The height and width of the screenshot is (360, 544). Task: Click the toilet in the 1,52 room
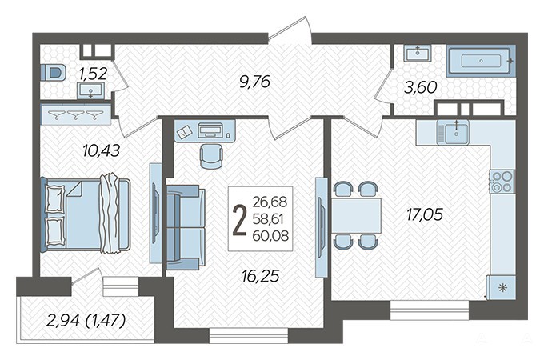point(53,73)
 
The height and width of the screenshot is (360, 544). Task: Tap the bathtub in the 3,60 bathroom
point(482,61)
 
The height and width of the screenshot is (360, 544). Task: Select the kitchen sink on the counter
point(454,132)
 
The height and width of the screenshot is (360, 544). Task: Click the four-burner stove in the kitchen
point(502,182)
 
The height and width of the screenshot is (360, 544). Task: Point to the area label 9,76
point(255,82)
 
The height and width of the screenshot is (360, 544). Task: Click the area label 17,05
point(425,214)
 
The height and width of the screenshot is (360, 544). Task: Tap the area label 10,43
point(102,150)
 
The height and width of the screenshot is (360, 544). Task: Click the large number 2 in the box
point(239,219)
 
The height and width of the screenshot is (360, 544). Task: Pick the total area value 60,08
point(270,236)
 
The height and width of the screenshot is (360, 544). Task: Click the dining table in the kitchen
point(357,215)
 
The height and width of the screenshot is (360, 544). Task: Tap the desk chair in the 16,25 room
point(211,156)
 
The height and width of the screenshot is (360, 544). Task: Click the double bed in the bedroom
point(86,214)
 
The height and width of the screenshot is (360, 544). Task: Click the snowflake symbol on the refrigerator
point(502,288)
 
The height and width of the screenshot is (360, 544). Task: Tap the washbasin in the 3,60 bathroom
point(418,53)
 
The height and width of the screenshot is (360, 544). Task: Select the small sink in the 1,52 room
point(90,91)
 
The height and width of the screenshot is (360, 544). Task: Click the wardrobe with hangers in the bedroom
point(76,114)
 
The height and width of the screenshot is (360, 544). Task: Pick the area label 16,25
point(261,276)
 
